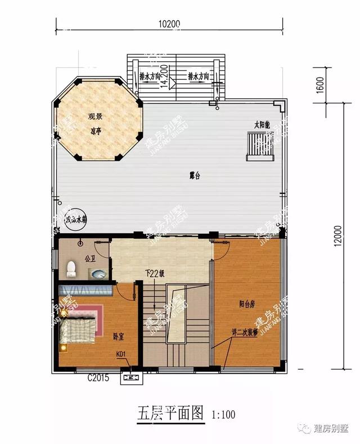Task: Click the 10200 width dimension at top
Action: [x=169, y=24]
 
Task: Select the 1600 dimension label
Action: [x=335, y=87]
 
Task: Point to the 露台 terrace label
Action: [x=195, y=176]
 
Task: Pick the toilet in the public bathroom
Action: [x=71, y=269]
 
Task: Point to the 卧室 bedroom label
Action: [x=118, y=337]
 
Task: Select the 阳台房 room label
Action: [x=247, y=304]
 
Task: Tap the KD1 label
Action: [x=120, y=355]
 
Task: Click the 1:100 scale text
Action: [x=223, y=415]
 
